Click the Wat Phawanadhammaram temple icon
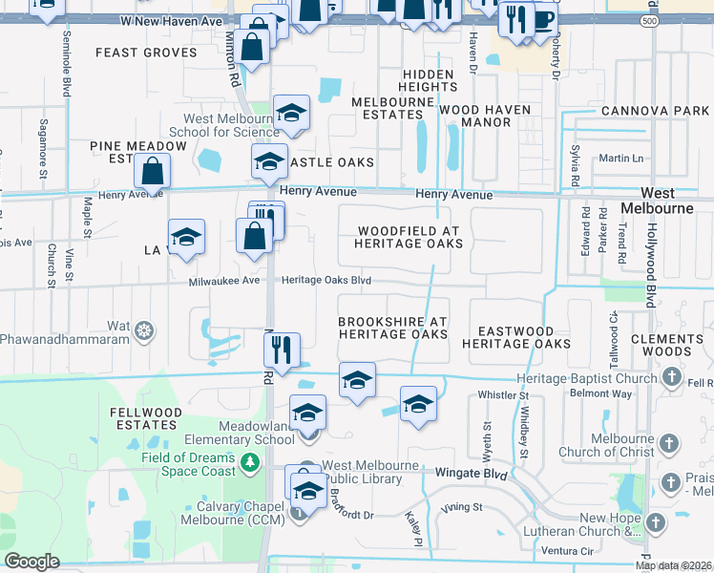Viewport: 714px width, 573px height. point(144,331)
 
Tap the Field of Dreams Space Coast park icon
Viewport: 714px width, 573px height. point(250,463)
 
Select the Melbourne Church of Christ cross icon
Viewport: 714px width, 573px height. point(670,444)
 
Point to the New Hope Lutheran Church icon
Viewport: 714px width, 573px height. point(656,522)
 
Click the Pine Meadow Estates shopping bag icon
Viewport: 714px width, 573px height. point(153,172)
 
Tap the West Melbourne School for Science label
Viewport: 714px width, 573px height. point(224,125)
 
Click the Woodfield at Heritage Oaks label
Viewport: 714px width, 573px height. point(409,237)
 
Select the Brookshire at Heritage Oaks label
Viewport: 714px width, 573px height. point(392,328)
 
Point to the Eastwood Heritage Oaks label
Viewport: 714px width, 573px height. point(516,336)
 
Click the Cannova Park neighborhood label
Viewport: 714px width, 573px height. point(655,112)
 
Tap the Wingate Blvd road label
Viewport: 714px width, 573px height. point(471,473)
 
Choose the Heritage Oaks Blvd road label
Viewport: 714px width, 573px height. point(325,280)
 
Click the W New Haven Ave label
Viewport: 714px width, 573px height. point(172,20)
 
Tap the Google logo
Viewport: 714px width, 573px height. point(31,562)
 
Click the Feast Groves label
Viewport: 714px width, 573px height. point(146,53)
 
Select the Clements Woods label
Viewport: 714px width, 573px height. point(673,346)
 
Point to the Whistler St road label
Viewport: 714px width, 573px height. point(502,394)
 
